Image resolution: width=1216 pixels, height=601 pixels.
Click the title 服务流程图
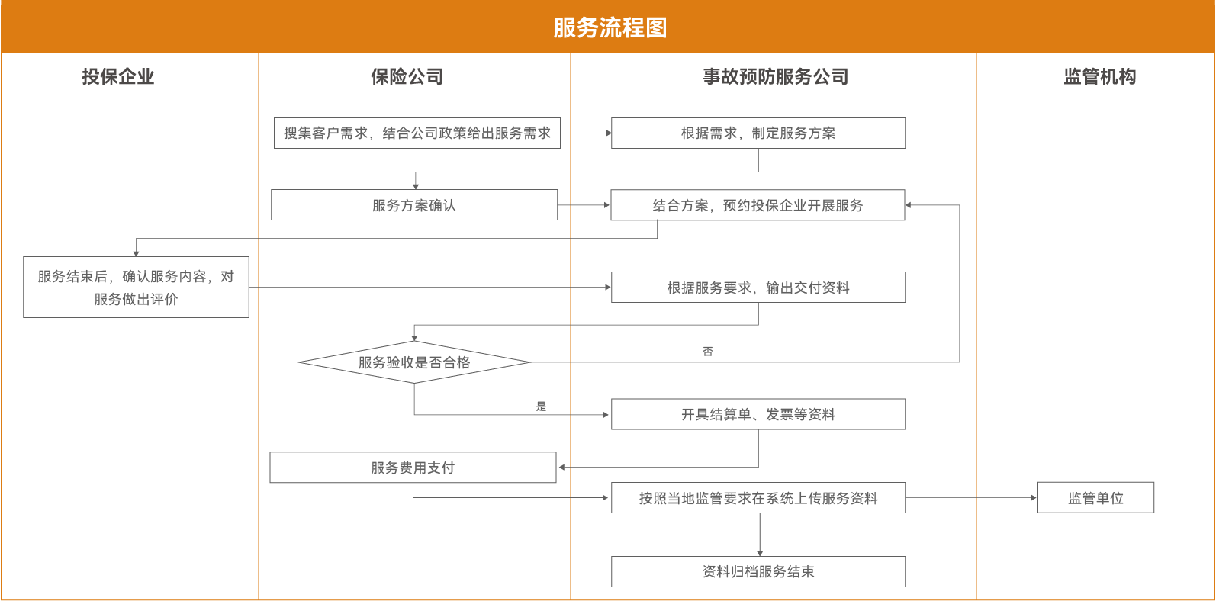pyautogui.click(x=610, y=27)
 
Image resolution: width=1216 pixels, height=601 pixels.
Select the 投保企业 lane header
pyautogui.click(x=118, y=76)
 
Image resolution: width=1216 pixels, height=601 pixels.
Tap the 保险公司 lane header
pyautogui.click(x=407, y=76)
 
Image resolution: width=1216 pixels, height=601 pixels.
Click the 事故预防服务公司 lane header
pyautogui.click(x=775, y=76)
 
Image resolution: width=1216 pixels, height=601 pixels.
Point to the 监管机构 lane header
pyautogui.click(x=1099, y=76)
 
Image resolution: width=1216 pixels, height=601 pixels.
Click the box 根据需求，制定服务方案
pyautogui.click(x=758, y=133)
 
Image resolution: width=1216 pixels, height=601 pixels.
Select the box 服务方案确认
pyautogui.click(x=414, y=205)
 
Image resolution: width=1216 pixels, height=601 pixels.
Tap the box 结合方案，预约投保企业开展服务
pyautogui.click(x=758, y=205)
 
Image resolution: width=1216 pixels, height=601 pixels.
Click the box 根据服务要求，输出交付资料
pyautogui.click(x=758, y=288)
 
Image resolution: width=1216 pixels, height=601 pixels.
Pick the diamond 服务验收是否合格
pyautogui.click(x=414, y=363)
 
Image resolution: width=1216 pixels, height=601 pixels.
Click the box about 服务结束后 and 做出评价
pyautogui.click(x=137, y=288)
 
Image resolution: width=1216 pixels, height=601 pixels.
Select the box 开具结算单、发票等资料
pyautogui.click(x=758, y=414)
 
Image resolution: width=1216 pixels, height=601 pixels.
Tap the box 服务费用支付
pyautogui.click(x=413, y=468)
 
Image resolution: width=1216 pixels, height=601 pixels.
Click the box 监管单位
pyautogui.click(x=1095, y=498)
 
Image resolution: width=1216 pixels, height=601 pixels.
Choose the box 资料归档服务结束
pyautogui.click(x=758, y=570)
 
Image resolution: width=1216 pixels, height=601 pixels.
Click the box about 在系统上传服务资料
pyautogui.click(x=758, y=498)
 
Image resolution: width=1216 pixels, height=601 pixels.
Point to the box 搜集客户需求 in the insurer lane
pyautogui.click(x=417, y=133)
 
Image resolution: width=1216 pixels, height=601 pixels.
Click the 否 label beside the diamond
pyautogui.click(x=708, y=351)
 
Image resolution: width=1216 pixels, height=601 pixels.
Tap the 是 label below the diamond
pyautogui.click(x=541, y=406)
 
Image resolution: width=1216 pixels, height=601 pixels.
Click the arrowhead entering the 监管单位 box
pyautogui.click(x=1034, y=498)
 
